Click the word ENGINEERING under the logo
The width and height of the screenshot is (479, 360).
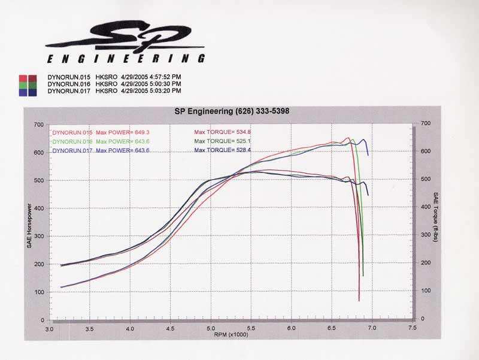click(126, 59)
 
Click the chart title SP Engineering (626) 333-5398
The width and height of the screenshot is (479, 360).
click(231, 111)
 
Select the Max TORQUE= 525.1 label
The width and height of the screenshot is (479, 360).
click(218, 141)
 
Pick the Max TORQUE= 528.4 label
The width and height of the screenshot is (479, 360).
click(218, 150)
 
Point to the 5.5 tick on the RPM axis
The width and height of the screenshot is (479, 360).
click(251, 329)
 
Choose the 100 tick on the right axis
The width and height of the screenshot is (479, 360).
click(425, 291)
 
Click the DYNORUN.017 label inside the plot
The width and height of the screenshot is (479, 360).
click(72, 150)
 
